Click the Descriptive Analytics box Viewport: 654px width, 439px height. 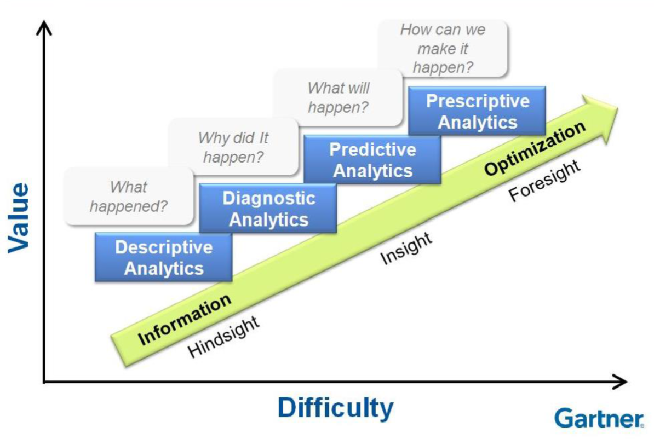(x=163, y=257)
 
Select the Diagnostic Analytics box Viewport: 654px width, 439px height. (x=268, y=209)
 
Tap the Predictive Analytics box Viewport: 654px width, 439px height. (x=372, y=160)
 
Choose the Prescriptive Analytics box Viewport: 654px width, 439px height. (x=477, y=111)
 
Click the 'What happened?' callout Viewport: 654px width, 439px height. (x=129, y=197)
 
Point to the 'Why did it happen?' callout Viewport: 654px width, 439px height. (x=233, y=147)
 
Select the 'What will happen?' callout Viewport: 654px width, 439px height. (x=338, y=97)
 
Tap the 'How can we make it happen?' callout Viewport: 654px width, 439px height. (x=443, y=48)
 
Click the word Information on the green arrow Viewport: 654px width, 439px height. (x=185, y=320)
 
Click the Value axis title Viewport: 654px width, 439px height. (x=19, y=218)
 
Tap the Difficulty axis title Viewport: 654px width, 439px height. (x=336, y=408)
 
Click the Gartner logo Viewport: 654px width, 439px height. (x=599, y=418)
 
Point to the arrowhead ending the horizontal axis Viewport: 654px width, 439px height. (x=619, y=382)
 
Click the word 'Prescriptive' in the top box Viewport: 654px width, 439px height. (x=478, y=101)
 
